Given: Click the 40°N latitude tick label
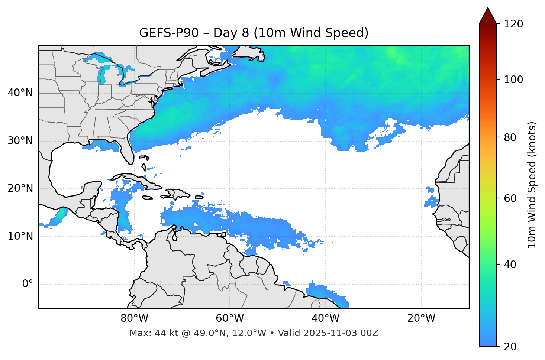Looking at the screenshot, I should pos(20,93).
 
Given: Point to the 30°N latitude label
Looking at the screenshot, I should pos(20,141).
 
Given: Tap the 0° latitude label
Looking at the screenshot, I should pos(28,284).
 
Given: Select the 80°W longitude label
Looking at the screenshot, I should pos(134,318).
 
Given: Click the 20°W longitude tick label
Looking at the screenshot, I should pos(421,318).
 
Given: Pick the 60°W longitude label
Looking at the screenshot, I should pos(230,318).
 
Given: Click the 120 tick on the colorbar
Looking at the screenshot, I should pos(513,24).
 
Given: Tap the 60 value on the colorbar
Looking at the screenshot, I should pos(510,198).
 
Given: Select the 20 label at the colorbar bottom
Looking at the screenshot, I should pos(510,347).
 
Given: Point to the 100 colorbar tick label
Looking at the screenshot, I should pos(513,80).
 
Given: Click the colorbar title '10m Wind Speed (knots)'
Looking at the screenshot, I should pos(532,185).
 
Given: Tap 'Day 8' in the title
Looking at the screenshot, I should pos(231,33).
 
